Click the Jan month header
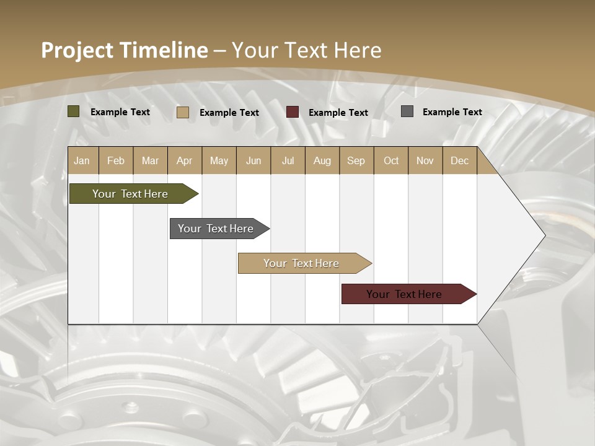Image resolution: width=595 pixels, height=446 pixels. pyautogui.click(x=82, y=161)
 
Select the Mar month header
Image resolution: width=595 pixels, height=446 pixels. pyautogui.click(x=150, y=161)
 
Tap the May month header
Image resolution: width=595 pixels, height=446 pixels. pyautogui.click(x=219, y=161)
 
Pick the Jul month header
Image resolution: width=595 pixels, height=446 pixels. pyautogui.click(x=288, y=161)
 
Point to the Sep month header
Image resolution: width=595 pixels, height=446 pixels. pyautogui.click(x=356, y=161)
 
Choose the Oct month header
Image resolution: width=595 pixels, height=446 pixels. pyautogui.click(x=391, y=161)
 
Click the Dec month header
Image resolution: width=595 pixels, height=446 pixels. pyautogui.click(x=459, y=161)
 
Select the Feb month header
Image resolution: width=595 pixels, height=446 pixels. pyautogui.click(x=116, y=161)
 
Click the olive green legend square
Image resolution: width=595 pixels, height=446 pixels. pyautogui.click(x=74, y=111)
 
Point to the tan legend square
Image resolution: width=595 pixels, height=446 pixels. pyautogui.click(x=183, y=112)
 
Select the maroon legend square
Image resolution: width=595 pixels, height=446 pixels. pyautogui.click(x=293, y=112)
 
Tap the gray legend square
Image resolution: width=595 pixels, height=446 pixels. pyautogui.click(x=407, y=111)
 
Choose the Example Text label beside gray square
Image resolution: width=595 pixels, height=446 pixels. pyautogui.click(x=452, y=112)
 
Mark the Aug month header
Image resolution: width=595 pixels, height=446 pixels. pyautogui.click(x=322, y=161)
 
